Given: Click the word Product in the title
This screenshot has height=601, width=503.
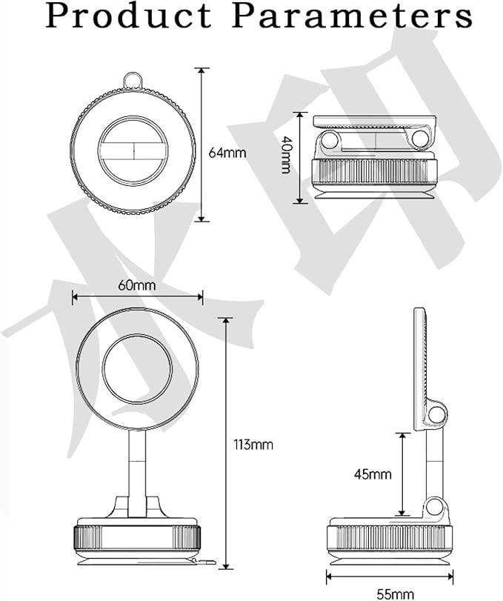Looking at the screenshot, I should point(124,16).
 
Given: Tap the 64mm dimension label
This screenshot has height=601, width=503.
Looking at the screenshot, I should point(227,153).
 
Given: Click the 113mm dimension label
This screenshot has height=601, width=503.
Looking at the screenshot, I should point(253,445).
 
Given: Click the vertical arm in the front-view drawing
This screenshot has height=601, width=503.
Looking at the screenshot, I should point(139,467).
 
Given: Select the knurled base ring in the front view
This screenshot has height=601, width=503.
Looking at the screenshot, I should point(138,537).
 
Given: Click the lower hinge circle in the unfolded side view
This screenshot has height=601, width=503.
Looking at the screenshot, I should point(437,509).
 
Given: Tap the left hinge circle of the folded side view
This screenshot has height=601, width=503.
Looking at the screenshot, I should point(329,140).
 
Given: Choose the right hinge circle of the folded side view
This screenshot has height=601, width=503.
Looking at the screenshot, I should point(422,137).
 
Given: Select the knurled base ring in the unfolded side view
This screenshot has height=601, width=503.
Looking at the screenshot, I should point(390,537).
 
